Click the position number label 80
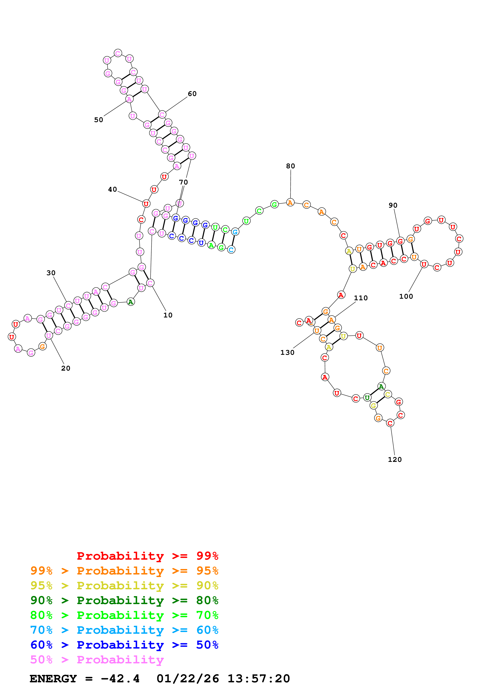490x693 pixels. (x=290, y=166)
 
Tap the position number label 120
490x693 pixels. (x=395, y=459)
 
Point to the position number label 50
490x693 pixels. (x=98, y=120)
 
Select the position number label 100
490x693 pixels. (x=406, y=296)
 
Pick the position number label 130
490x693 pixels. (x=287, y=353)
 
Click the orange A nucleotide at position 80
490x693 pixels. (x=290, y=202)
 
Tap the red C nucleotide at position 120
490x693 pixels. (x=390, y=423)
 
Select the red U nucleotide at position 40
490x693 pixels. (x=146, y=204)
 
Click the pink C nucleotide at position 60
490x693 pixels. (x=162, y=115)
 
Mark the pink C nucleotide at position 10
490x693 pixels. (x=150, y=283)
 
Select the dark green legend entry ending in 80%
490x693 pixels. (x=124, y=600)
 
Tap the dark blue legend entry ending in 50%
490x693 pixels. (x=124, y=645)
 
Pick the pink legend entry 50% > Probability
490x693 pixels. (x=97, y=659)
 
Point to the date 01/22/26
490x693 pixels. (x=188, y=679)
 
